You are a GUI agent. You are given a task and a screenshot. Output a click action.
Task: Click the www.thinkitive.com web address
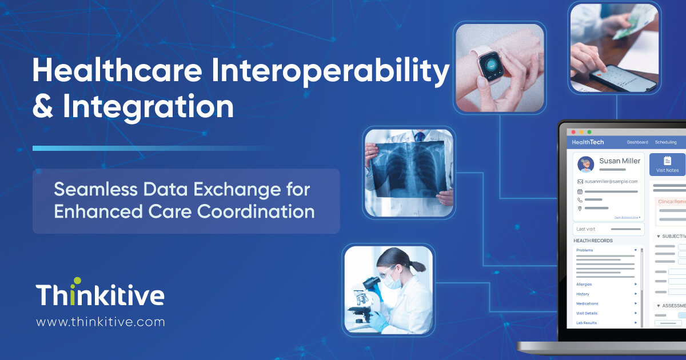(101, 322)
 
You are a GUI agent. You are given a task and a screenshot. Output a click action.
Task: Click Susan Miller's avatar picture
(585, 164)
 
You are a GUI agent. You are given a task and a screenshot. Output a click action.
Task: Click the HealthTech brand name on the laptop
(588, 142)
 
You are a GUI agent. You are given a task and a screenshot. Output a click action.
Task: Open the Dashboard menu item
(637, 142)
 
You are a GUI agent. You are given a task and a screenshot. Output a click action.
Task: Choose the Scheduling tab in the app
(665, 142)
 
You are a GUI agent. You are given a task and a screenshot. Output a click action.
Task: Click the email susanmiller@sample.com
(611, 181)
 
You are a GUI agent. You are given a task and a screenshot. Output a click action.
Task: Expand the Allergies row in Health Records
(584, 284)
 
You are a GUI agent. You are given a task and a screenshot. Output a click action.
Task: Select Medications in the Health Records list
(587, 303)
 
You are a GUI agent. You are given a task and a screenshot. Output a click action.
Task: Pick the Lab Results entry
(587, 323)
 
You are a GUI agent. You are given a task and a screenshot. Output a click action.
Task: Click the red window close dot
(573, 132)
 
